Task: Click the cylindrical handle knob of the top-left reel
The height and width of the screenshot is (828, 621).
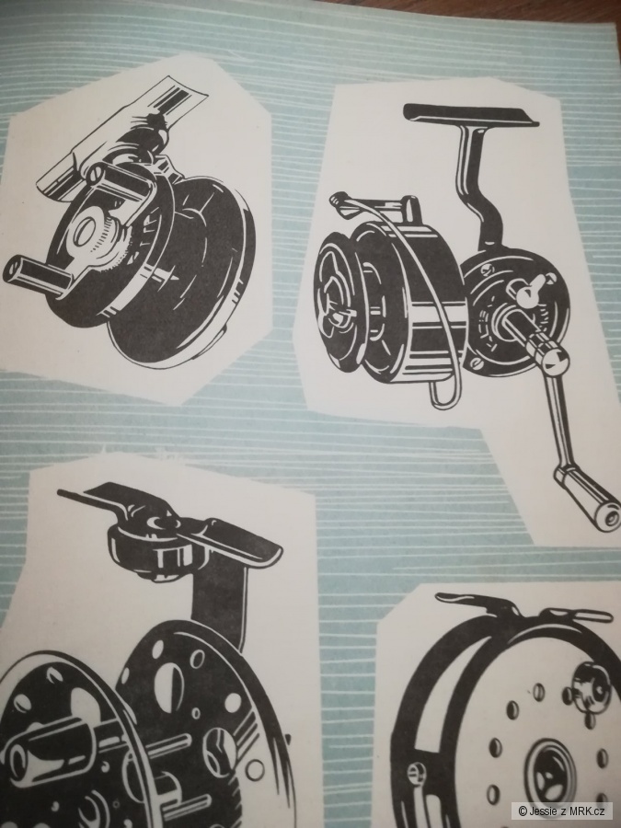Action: (x=34, y=274)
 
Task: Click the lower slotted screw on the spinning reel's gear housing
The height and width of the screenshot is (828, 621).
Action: (x=477, y=363)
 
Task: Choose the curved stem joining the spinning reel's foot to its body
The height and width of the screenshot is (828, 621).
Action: (x=477, y=185)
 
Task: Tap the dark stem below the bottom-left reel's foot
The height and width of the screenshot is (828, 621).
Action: (x=223, y=602)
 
